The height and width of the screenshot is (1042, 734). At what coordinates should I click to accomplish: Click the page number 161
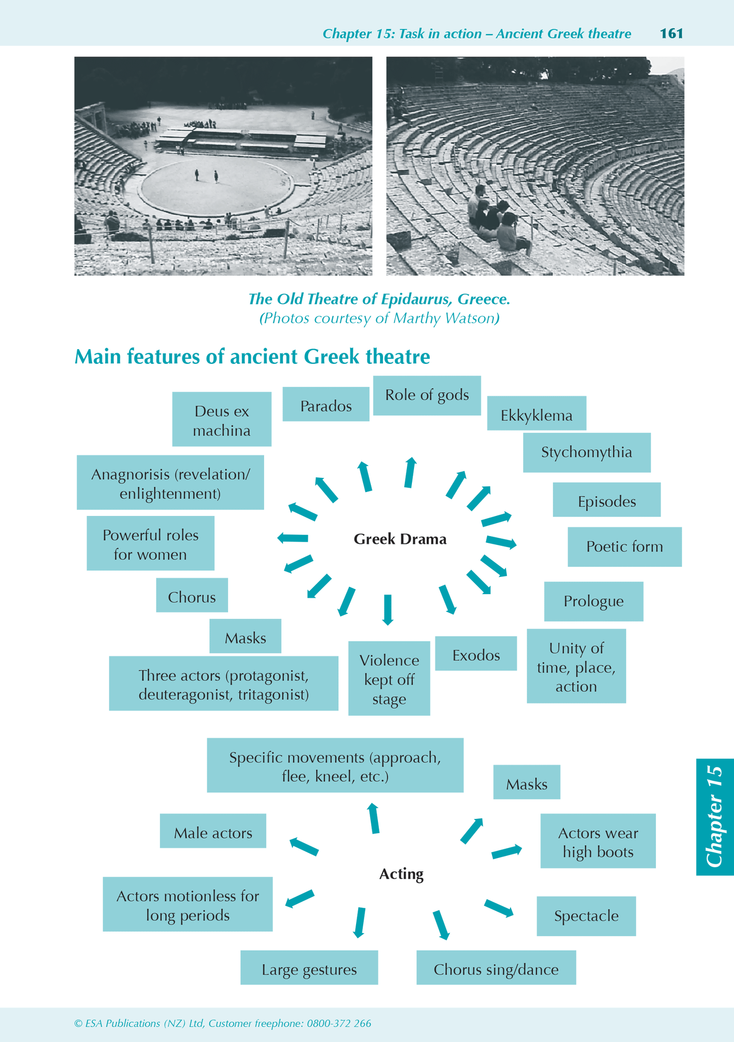pos(671,34)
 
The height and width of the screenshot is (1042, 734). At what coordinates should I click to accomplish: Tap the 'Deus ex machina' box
pos(221,419)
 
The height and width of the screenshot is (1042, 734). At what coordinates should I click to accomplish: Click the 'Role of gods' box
pos(427,395)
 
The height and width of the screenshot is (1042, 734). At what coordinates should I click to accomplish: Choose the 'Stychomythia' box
pos(587,452)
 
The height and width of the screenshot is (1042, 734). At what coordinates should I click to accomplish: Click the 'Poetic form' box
pos(624,546)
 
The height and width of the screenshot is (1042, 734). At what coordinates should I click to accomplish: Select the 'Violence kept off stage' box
pos(389,679)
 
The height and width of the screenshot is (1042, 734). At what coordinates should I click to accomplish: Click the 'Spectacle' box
pos(586,916)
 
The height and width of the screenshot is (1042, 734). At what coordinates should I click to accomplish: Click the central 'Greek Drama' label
pos(400,539)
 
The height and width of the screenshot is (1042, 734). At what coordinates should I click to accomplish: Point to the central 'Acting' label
pos(401,874)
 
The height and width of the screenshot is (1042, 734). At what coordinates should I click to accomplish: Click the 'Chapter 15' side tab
pos(715,816)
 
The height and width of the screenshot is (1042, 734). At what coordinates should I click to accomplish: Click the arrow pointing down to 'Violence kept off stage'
pos(388,609)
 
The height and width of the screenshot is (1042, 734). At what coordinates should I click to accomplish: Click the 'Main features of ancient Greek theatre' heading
pos(252,356)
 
